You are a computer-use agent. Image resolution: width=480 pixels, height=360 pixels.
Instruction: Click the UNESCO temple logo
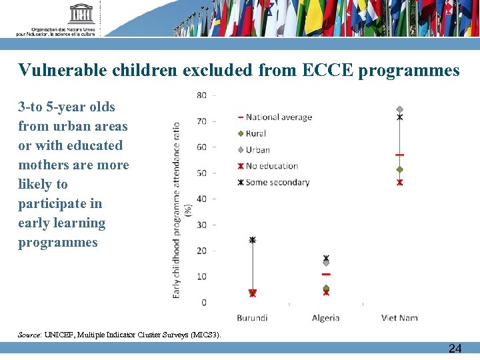pos(81,13)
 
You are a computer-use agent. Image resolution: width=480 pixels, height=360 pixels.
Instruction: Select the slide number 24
pos(455,349)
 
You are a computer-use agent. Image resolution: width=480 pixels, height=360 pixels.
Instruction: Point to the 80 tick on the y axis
pos(201,95)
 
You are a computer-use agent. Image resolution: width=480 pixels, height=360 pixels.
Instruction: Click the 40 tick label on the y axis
pos(201,199)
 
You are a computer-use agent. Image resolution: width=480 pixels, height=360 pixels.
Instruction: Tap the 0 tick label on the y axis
pos(203,303)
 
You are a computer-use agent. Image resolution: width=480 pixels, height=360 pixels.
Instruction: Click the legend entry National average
pos(278,117)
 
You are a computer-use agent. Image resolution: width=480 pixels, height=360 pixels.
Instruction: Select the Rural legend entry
pos(255,133)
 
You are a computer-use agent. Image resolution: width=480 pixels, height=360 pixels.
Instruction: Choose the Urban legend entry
pos(257,150)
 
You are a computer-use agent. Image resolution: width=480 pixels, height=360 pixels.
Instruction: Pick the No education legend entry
pos(272,166)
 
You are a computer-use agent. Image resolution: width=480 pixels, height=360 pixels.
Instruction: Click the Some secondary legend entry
pos(277,182)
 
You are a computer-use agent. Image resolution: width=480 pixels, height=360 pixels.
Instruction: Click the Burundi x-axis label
pos(253,318)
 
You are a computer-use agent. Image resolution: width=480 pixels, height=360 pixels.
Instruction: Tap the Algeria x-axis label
pos(325,318)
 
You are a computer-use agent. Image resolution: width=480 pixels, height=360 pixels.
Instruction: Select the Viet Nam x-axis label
pos(399,318)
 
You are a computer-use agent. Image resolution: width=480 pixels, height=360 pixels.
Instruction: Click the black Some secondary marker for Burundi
pos(252,239)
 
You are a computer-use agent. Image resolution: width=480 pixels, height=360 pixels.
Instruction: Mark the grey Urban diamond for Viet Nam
pos(400,109)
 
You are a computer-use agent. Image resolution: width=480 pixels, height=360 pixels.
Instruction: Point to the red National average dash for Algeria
pos(326,274)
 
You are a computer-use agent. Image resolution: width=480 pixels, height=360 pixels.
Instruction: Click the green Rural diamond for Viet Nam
pos(400,169)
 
